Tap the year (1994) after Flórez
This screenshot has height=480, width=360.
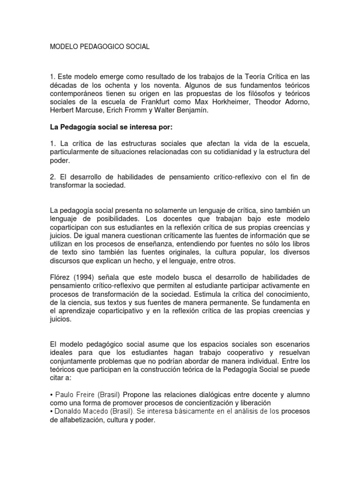(x=84, y=277)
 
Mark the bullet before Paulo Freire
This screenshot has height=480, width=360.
(x=51, y=395)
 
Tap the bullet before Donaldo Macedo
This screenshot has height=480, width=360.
(x=51, y=412)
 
